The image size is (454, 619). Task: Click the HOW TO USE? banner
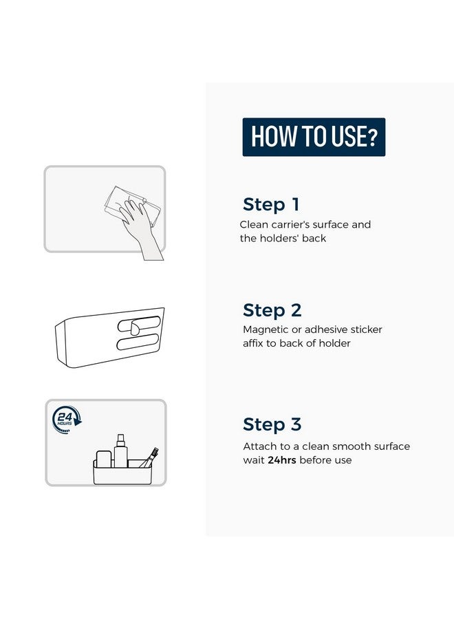pyautogui.click(x=314, y=137)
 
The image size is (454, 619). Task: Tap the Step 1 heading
pyautogui.click(x=271, y=204)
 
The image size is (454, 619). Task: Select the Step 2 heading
pyautogui.click(x=272, y=310)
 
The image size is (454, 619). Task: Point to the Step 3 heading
pyautogui.click(x=272, y=424)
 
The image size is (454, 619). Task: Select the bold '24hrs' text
pyautogui.click(x=282, y=460)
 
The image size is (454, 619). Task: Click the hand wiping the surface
pyautogui.click(x=140, y=225)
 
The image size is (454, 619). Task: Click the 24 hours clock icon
pyautogui.click(x=66, y=420)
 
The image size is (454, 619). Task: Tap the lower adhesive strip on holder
pyautogui.click(x=138, y=342)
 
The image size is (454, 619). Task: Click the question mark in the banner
pyautogui.click(x=372, y=137)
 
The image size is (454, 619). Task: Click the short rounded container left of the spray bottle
pyautogui.click(x=104, y=459)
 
